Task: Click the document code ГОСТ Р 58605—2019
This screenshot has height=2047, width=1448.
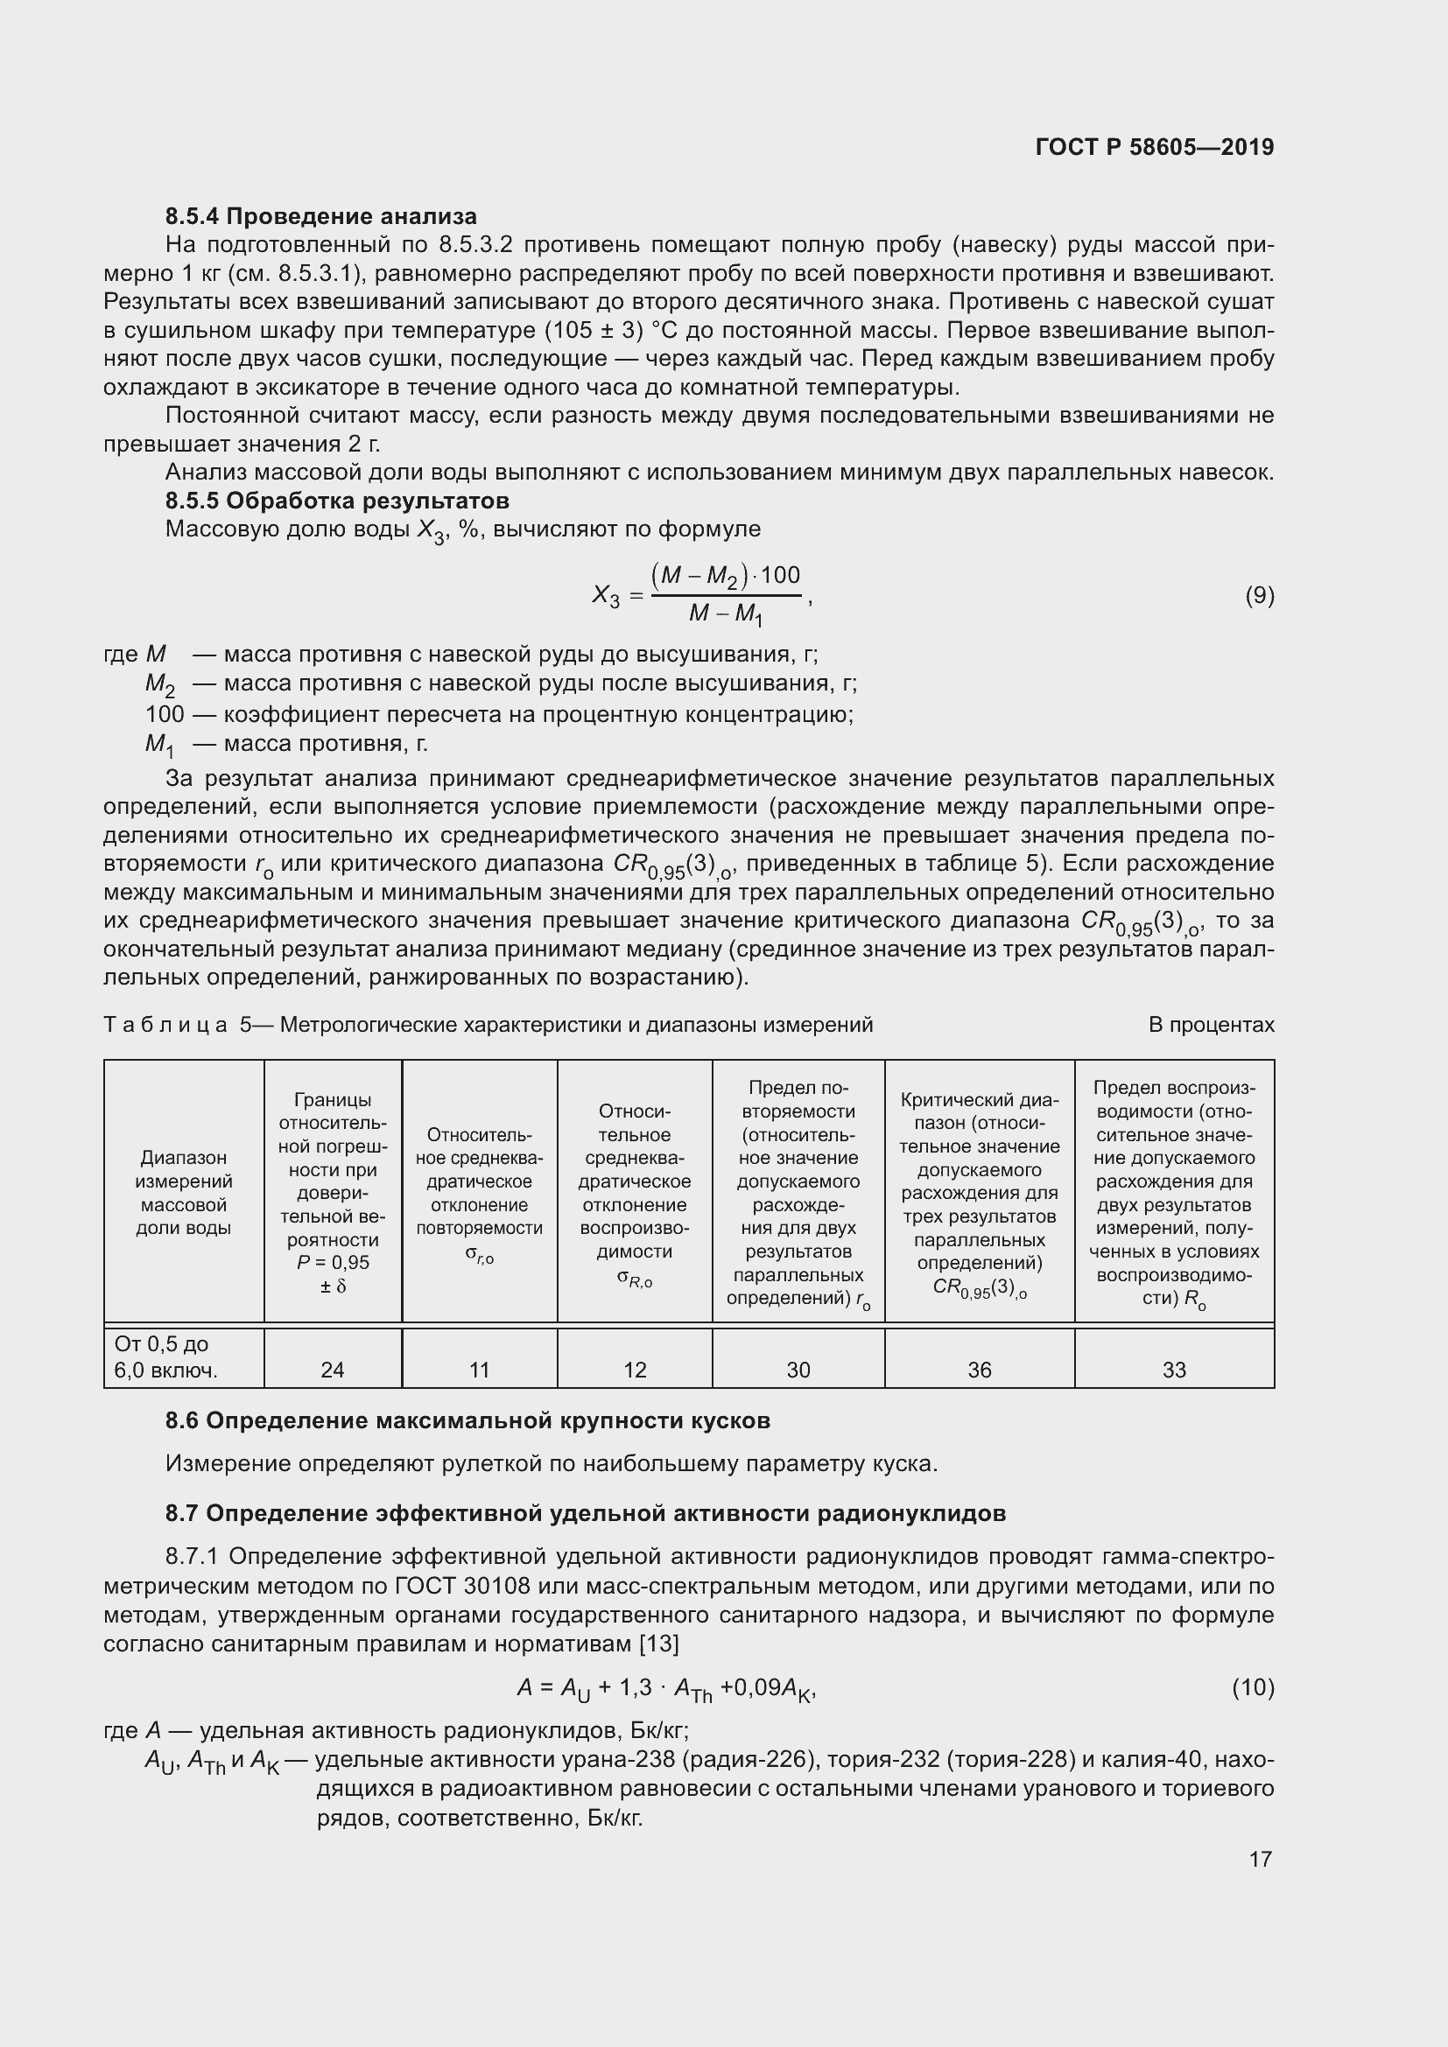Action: [1155, 147]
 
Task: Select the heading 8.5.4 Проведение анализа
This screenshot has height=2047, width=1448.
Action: [321, 216]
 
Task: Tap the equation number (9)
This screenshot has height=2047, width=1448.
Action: [1259, 596]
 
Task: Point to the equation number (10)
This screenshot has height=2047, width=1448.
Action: [1253, 1686]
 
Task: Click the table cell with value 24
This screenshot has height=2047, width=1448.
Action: [333, 1370]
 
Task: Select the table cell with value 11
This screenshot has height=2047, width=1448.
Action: [480, 1370]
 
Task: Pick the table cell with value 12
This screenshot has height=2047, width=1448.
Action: [635, 1370]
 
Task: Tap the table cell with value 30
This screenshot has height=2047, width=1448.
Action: [798, 1370]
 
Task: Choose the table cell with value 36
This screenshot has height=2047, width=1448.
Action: [979, 1370]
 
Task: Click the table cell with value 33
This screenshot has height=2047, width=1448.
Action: [1173, 1370]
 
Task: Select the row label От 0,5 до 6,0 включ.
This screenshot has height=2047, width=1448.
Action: [165, 1357]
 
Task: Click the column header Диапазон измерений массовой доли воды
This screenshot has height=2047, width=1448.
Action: [184, 1192]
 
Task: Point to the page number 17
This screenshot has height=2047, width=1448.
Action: [1260, 1858]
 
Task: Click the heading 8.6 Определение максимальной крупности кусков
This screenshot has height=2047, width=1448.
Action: [468, 1420]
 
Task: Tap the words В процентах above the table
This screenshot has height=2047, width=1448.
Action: [1211, 1025]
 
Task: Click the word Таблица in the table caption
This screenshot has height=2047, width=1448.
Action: [166, 1025]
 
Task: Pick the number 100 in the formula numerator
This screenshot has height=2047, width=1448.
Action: [780, 575]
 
